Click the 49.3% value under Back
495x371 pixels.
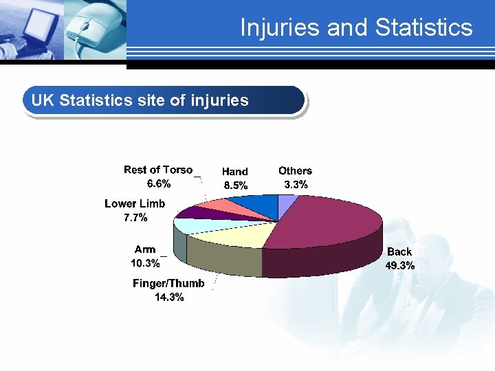click(x=399, y=265)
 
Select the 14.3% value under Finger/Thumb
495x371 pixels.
click(x=168, y=297)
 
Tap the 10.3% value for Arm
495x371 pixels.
click(x=145, y=262)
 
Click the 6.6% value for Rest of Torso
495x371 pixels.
click(x=159, y=183)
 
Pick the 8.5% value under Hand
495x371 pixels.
click(x=235, y=185)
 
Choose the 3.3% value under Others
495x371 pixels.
click(x=296, y=184)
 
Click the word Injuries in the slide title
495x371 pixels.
click(x=280, y=27)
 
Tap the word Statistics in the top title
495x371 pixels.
click(x=424, y=27)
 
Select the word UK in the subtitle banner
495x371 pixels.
click(x=42, y=100)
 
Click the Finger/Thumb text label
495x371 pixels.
click(x=168, y=284)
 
